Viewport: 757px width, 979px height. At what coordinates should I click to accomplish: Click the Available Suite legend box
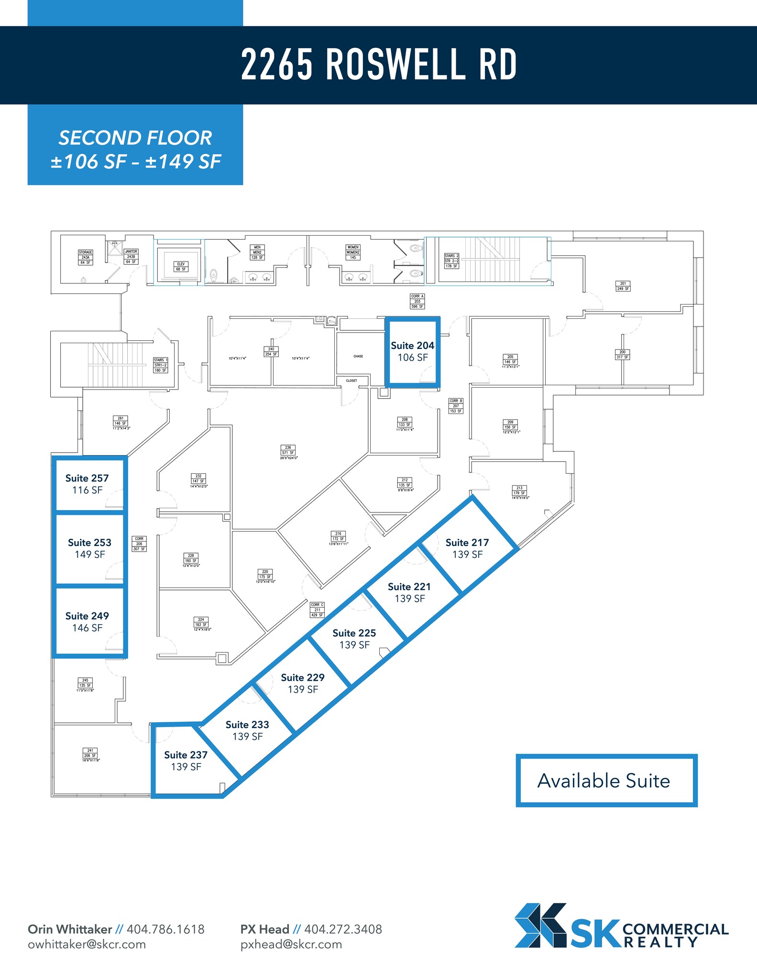pos(606,781)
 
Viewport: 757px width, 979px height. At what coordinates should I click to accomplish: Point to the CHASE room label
pos(358,356)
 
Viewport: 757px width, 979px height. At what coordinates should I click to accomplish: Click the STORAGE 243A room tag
pos(86,257)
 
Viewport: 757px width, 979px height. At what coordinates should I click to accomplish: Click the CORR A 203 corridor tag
pos(417,301)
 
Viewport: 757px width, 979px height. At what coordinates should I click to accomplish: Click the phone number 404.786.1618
pos(165,929)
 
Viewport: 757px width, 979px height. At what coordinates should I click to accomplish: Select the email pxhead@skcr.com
pos(291,944)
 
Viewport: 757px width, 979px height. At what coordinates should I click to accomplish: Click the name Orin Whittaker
pos(70,929)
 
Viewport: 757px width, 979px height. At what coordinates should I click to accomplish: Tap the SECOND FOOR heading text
pos(135,138)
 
